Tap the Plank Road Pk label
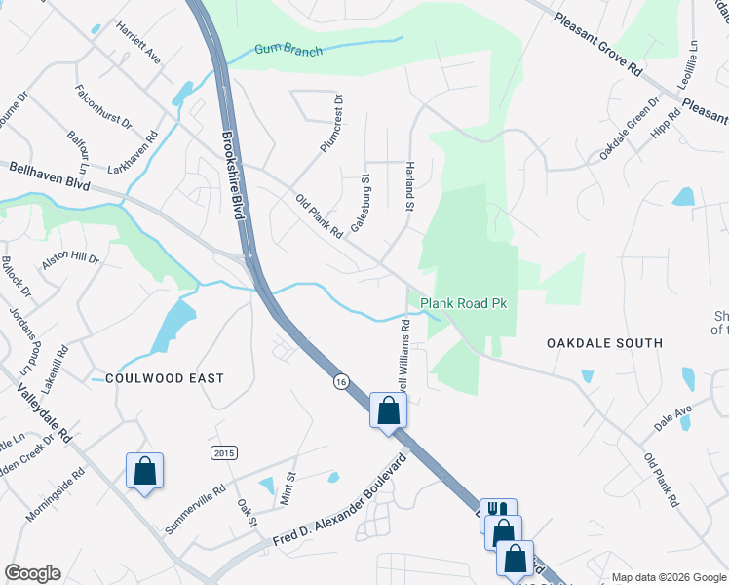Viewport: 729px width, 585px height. pyautogui.click(x=464, y=304)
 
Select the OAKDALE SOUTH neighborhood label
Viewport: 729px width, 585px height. pyautogui.click(x=604, y=343)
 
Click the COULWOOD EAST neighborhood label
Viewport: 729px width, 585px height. pyautogui.click(x=165, y=378)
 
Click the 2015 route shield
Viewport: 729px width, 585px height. pyautogui.click(x=224, y=452)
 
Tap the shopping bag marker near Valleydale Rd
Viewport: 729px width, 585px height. pyautogui.click(x=144, y=472)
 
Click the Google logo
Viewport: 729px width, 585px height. pyautogui.click(x=32, y=573)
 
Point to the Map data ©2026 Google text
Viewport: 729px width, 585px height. pyautogui.click(x=668, y=577)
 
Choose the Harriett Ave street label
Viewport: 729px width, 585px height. pyautogui.click(x=138, y=43)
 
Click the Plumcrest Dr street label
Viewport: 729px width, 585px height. pyautogui.click(x=333, y=123)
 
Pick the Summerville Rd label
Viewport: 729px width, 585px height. pyautogui.click(x=195, y=509)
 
